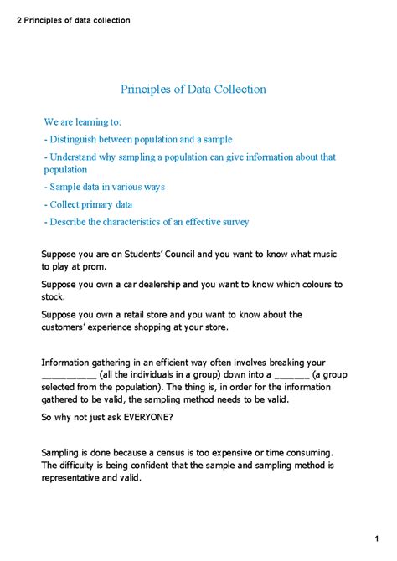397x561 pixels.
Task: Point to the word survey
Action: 233,222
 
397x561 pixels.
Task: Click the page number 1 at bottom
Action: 379,538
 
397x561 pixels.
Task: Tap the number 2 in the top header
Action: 18,20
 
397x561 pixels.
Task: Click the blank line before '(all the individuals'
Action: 69,377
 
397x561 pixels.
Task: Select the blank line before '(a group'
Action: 268,377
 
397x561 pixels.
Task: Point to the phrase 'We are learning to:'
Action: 83,121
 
